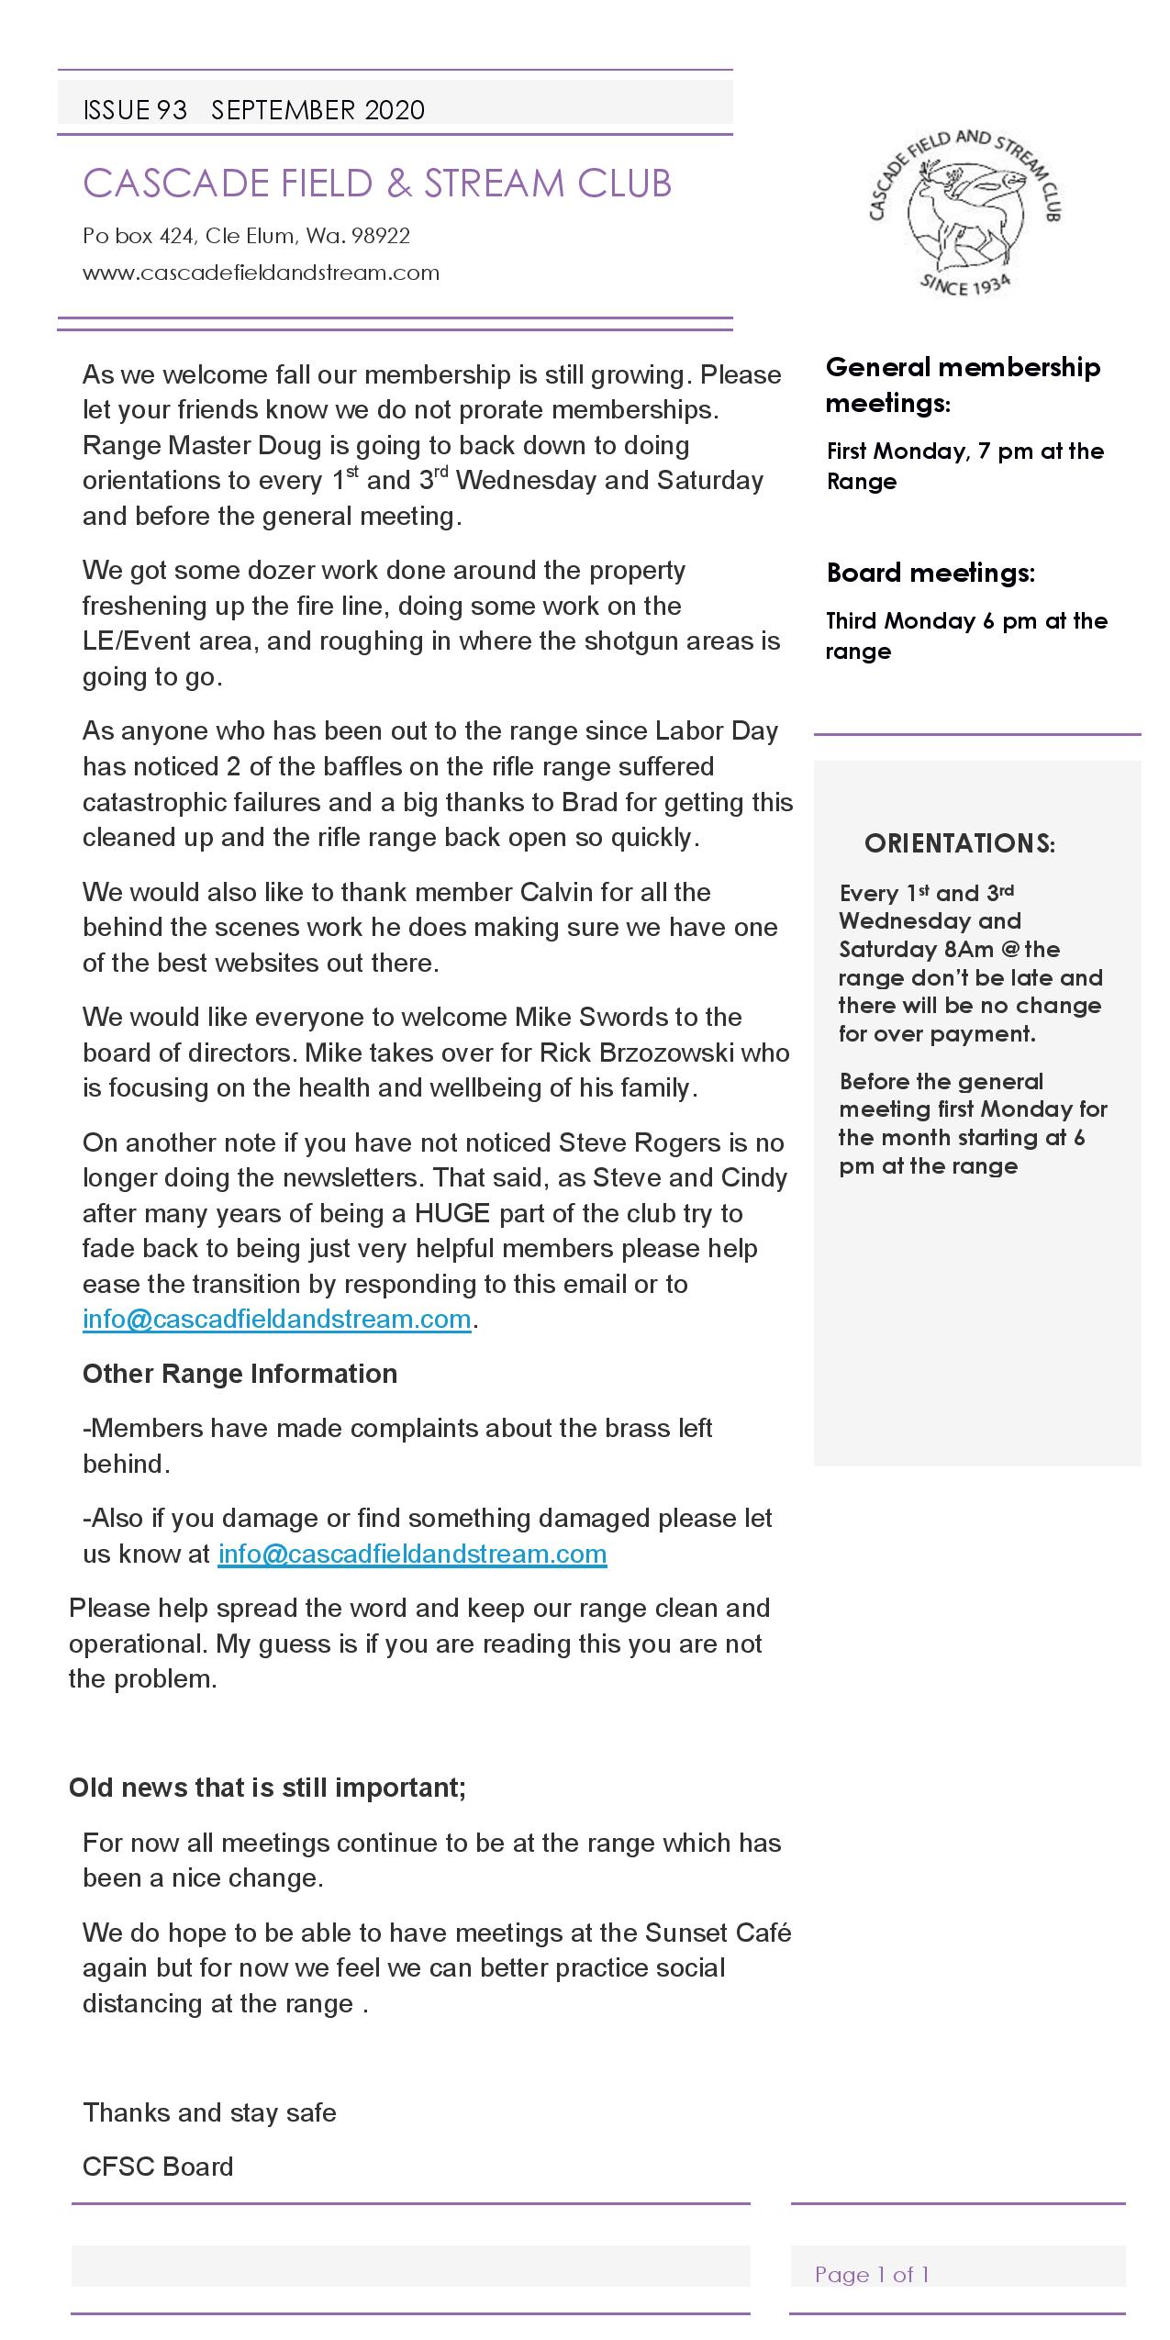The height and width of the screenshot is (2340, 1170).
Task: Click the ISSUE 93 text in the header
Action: coord(135,110)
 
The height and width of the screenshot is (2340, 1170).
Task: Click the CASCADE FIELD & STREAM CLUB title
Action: coord(377,184)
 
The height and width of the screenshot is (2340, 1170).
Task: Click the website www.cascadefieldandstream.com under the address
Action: coord(261,273)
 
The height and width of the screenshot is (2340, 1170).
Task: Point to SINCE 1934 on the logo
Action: coord(964,284)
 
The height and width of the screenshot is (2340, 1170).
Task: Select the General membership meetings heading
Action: coord(963,384)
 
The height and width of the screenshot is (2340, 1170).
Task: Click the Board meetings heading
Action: coord(930,573)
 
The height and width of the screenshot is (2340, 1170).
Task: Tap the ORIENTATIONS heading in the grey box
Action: coord(959,843)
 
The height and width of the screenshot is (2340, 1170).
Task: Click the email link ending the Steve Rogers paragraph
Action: coord(276,1319)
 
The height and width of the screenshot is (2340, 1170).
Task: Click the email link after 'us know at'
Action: coord(412,1554)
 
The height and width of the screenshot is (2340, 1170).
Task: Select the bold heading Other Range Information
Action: coord(240,1374)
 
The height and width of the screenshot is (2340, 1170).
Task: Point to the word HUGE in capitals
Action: coord(452,1213)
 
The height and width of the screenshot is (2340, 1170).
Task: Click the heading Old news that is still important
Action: coord(267,1788)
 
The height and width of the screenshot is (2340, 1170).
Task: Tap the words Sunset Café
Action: coord(718,1933)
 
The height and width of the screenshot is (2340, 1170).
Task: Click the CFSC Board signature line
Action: coord(158,2167)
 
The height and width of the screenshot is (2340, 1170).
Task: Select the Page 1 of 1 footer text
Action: coord(872,2274)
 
